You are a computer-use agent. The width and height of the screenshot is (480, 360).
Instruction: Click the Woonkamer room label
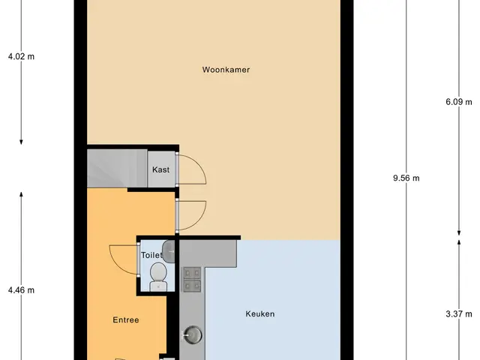point(226,70)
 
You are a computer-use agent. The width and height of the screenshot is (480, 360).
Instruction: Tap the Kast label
point(161,169)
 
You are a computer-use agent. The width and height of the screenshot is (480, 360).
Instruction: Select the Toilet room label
point(151,255)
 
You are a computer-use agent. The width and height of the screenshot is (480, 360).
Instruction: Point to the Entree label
point(126,320)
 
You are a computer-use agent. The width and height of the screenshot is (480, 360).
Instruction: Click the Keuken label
point(260,313)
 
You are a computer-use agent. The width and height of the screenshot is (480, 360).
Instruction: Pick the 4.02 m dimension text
point(21,57)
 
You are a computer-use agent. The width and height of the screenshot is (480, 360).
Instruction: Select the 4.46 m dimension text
point(21,290)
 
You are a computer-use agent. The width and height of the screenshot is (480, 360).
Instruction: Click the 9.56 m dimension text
point(406,178)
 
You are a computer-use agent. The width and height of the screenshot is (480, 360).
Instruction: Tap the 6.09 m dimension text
point(459,102)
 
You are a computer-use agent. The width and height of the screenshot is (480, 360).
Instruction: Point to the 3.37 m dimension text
point(459,314)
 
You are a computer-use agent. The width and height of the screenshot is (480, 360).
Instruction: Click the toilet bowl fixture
point(158,277)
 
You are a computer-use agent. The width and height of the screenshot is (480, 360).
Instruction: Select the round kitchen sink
point(193,334)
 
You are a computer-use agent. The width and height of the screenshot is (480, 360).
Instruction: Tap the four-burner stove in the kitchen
point(192,280)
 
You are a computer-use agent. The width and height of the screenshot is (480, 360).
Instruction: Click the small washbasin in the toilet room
point(168,251)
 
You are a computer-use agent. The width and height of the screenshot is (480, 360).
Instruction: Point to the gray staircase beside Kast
point(117,168)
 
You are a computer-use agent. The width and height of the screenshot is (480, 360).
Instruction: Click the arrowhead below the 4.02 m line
point(21,142)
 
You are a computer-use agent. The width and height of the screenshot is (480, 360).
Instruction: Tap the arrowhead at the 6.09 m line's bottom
point(459,233)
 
